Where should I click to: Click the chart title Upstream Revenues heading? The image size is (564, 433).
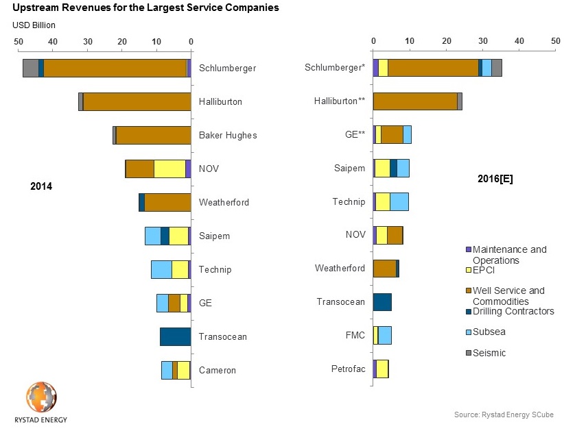coord(146,9)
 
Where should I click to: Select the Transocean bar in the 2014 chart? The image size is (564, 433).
coord(175,336)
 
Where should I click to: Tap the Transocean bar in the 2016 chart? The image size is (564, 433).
coord(382,301)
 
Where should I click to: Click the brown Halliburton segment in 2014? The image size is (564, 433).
coord(137,101)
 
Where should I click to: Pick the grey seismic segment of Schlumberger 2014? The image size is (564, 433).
coord(30,68)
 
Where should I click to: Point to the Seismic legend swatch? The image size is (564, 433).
coord(469,353)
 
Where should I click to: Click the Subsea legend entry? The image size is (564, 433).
coord(489,332)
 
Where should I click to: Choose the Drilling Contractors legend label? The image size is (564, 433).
coord(513,311)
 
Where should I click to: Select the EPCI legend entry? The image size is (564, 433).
coord(485,270)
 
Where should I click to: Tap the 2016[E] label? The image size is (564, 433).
coord(495,179)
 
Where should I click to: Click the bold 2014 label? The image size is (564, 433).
coord(41,186)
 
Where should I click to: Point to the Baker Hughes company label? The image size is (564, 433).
coord(228,135)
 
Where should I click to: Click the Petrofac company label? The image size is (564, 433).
coord(348,369)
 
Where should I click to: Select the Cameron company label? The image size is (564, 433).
coord(218,370)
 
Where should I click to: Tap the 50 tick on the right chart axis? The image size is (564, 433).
coord(556,41)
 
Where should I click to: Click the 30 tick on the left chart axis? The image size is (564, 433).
coord(87,41)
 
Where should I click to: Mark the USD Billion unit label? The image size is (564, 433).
coord(34,25)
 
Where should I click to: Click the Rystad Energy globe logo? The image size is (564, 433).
coord(42,398)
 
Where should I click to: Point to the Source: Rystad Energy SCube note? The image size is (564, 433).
coord(503,415)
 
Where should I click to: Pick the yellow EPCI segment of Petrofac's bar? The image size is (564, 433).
coord(382,369)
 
